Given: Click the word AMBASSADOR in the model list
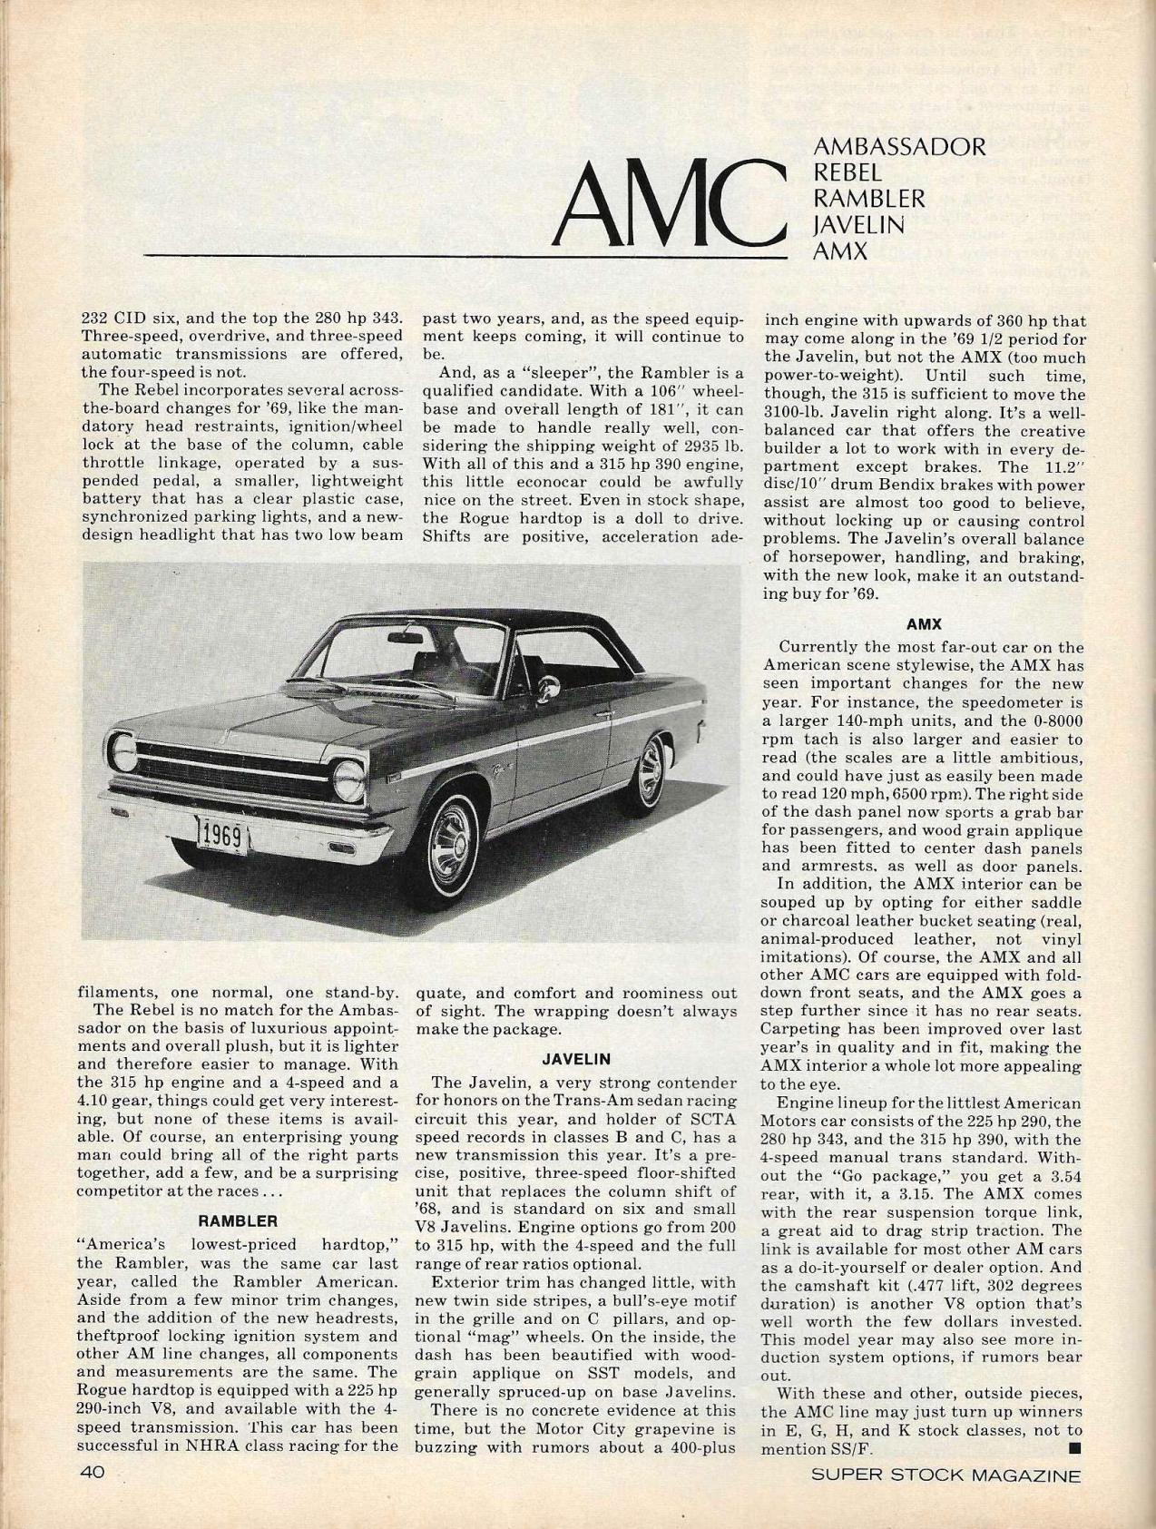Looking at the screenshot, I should click(899, 147).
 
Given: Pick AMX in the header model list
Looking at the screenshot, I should click(840, 250).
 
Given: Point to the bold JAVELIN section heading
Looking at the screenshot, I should click(576, 1058).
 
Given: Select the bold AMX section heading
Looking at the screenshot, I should click(924, 624).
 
